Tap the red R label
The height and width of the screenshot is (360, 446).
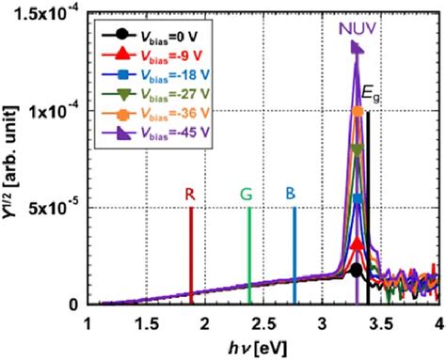point(190,194)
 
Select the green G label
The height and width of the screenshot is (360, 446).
point(247,194)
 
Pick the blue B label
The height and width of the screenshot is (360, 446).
point(294,194)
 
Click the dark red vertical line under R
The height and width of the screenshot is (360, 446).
point(191,254)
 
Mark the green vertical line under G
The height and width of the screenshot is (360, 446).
point(248,254)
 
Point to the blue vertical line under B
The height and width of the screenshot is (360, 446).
point(294,254)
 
